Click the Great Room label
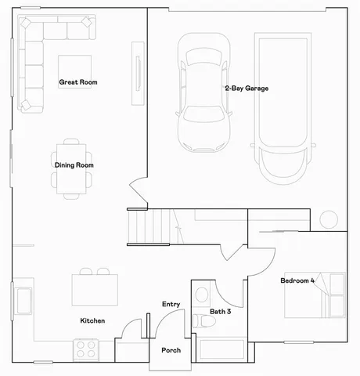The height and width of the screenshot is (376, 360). tap(77, 82)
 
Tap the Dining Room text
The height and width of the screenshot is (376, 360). tap(74, 165)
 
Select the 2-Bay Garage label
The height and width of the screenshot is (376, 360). tap(246, 89)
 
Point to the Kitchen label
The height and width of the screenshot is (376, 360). tap(92, 321)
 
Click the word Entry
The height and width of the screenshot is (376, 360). tap(171, 304)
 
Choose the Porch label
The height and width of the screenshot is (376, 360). tap(171, 350)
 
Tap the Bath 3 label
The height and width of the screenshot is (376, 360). tap(221, 312)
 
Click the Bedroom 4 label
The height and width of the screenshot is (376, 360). tap(297, 280)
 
